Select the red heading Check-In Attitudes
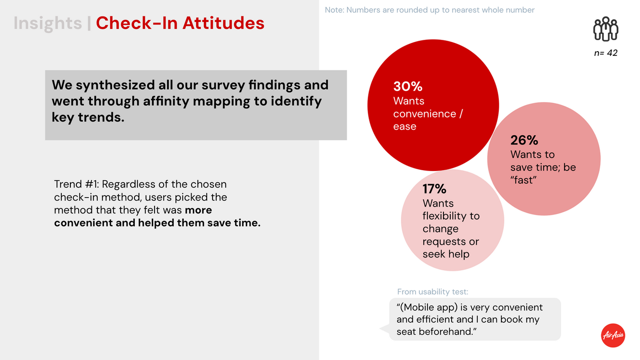pyautogui.click(x=180, y=23)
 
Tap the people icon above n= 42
pyautogui.click(x=606, y=29)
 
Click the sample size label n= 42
pyautogui.click(x=606, y=53)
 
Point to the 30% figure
pyautogui.click(x=408, y=86)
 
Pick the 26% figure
pyautogui.click(x=524, y=140)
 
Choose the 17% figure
pyautogui.click(x=434, y=188)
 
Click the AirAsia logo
pyautogui.click(x=613, y=335)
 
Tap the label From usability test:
pyautogui.click(x=432, y=292)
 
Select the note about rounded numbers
pyautogui.click(x=429, y=10)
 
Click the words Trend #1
pyautogui.click(x=75, y=184)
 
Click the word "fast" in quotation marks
pyautogui.click(x=523, y=180)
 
